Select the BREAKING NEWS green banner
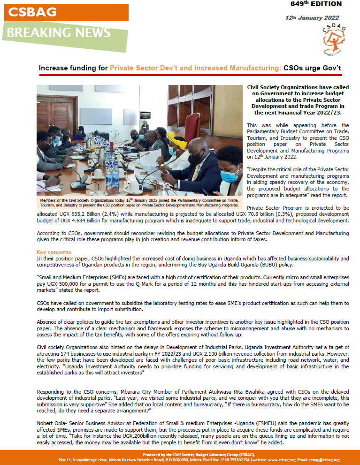59,33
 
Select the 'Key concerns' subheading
54,252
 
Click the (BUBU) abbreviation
291,265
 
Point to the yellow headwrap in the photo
178,141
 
